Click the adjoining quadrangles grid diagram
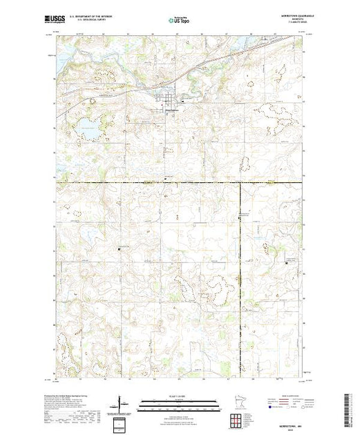238,420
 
